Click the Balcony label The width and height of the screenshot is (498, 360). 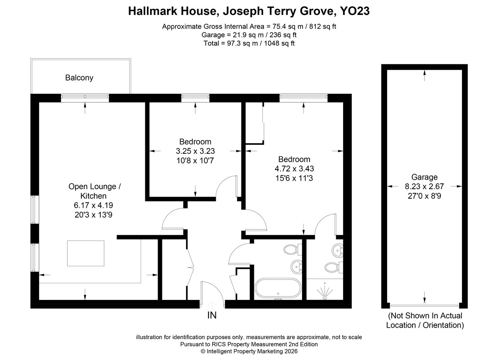(79, 78)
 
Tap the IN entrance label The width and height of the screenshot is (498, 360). (212, 315)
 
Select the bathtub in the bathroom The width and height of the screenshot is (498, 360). (278, 288)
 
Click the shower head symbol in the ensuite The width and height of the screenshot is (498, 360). (325, 292)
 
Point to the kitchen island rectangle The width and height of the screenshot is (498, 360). (86, 253)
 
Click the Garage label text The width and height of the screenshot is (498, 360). (425, 177)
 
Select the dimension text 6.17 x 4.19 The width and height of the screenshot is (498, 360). (93, 205)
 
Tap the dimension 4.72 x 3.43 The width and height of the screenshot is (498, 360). (294, 169)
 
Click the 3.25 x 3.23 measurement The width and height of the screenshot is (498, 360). (195, 151)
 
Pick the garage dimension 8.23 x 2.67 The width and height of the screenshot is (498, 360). (425, 187)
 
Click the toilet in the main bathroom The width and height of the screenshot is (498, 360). (293, 250)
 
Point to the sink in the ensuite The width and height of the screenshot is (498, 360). (337, 251)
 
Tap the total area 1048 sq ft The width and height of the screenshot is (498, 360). (279, 43)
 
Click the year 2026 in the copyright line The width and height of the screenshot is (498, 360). (289, 351)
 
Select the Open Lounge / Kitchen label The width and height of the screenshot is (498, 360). (94, 191)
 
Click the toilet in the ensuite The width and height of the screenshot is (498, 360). (334, 268)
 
